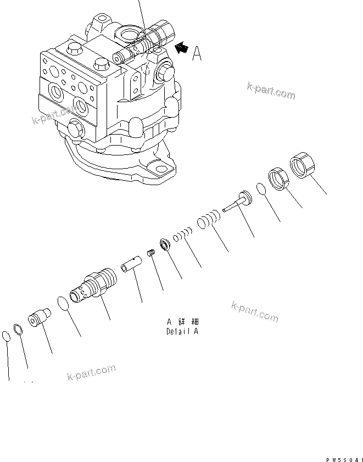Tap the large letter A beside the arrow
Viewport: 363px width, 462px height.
(x=198, y=53)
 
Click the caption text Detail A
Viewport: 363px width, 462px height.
(x=182, y=331)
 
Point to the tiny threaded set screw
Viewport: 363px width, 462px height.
(x=152, y=253)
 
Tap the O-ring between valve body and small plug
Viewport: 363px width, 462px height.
(x=64, y=304)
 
